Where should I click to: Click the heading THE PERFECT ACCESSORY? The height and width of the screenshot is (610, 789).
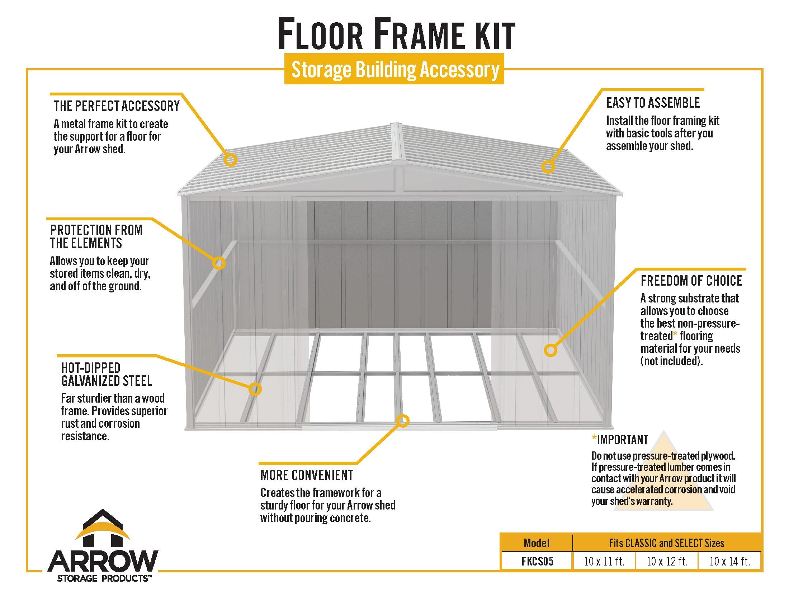click(x=116, y=106)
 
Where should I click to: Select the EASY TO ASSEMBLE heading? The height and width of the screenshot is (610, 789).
click(x=653, y=103)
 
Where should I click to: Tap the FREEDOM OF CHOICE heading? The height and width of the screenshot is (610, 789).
click(x=691, y=281)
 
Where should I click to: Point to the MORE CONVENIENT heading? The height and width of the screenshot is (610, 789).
click(x=307, y=475)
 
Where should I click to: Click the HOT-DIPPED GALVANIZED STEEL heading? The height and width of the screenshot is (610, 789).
click(x=107, y=374)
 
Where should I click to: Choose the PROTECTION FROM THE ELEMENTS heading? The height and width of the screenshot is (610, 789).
click(x=96, y=236)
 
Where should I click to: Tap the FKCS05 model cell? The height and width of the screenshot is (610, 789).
click(x=537, y=561)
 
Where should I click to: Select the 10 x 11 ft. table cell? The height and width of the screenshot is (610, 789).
click(x=604, y=561)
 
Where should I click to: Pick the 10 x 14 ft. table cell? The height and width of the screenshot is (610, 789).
click(x=729, y=561)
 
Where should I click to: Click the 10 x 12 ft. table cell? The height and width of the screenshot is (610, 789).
click(x=667, y=561)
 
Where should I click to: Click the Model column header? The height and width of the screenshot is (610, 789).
click(x=537, y=543)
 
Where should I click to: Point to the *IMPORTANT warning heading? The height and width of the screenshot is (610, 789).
click(x=620, y=440)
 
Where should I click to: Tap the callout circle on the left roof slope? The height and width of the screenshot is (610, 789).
click(x=230, y=159)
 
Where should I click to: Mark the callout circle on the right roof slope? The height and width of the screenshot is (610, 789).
click(x=548, y=166)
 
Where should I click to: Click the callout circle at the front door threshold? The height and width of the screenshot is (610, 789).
click(x=403, y=421)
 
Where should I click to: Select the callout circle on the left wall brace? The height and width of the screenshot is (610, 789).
click(x=218, y=263)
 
